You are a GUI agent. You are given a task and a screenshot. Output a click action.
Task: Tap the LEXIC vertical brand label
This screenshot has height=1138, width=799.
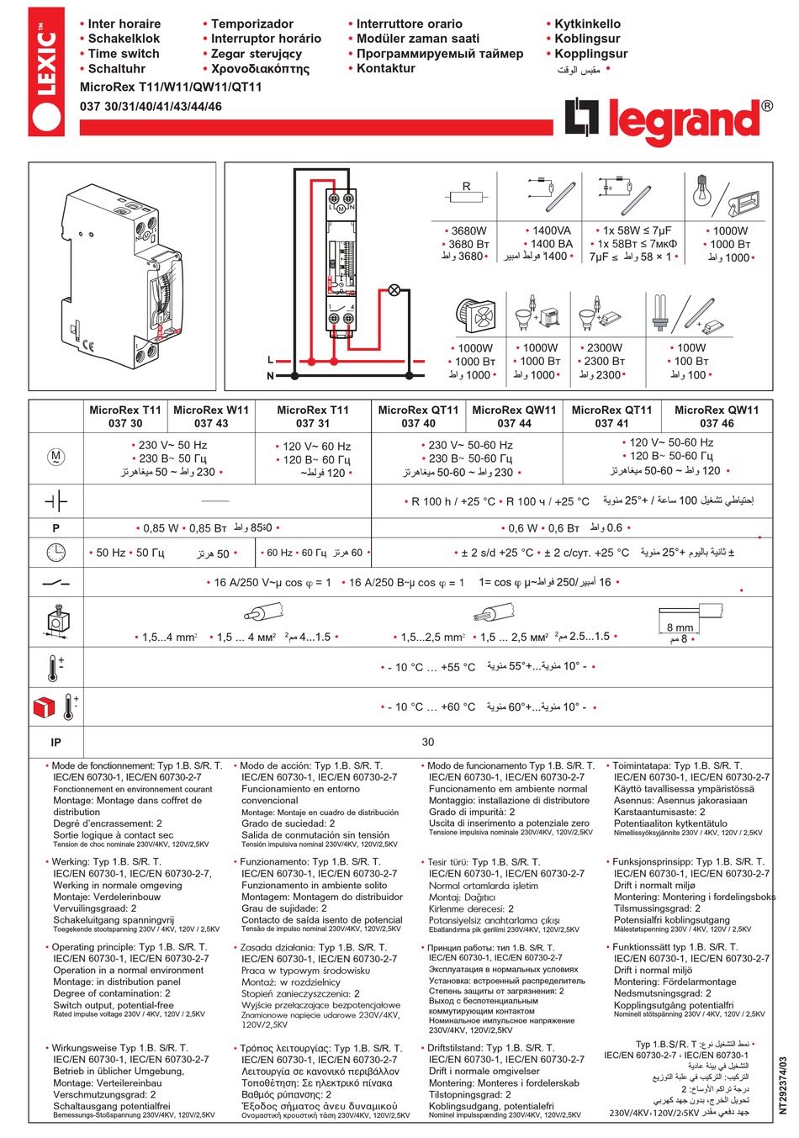[47, 71]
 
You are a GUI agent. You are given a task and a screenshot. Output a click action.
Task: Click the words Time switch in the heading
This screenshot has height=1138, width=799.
[123, 54]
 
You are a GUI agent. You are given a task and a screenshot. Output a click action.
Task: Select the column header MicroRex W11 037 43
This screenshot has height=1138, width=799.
[211, 416]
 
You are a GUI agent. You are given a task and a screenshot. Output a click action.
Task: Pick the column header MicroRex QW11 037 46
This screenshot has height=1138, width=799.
[717, 416]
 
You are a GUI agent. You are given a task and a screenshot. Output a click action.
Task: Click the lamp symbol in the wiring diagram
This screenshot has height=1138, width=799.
[394, 291]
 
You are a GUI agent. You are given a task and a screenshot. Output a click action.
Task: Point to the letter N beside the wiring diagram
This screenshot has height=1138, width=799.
[270, 376]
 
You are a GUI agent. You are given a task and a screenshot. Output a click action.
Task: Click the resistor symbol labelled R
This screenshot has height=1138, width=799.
[467, 195]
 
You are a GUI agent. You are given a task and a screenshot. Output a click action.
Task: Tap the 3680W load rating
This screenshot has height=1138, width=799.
[468, 230]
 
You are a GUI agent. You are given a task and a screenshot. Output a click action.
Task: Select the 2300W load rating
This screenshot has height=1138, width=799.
[604, 347]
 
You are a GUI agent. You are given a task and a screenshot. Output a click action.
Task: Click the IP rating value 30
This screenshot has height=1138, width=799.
[428, 742]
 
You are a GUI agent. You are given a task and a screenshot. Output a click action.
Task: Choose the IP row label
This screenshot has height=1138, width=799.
[56, 742]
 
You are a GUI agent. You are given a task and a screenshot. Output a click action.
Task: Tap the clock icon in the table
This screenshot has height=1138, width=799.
[56, 553]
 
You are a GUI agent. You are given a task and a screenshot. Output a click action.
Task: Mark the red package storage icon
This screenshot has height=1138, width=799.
[44, 707]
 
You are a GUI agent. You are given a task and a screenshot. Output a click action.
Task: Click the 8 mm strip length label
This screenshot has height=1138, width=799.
[680, 627]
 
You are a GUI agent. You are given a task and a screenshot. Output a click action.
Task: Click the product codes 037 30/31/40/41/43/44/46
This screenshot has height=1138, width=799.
[151, 107]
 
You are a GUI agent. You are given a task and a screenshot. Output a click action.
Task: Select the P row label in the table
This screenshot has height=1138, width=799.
[56, 528]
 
